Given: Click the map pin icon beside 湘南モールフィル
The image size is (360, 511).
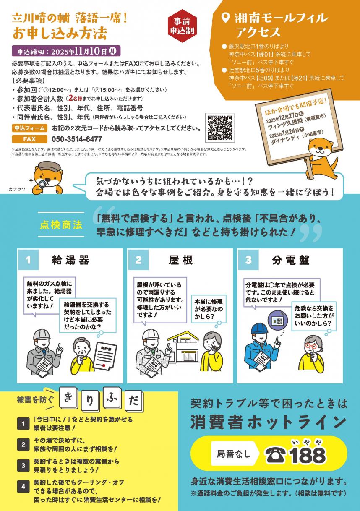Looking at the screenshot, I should coord(225,18).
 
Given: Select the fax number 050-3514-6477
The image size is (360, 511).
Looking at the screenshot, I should coord(77,139).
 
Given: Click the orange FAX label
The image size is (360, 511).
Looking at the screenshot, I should coord(29,139).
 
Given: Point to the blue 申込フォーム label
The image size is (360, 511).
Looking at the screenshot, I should coord(29,128).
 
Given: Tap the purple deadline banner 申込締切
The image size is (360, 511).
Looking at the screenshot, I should coord(66,51).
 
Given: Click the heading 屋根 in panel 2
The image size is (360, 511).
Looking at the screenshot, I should coord(180,260).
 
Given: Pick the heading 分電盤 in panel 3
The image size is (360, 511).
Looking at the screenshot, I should coord(290,260).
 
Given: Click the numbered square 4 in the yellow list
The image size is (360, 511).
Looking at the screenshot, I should coord(22,487).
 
